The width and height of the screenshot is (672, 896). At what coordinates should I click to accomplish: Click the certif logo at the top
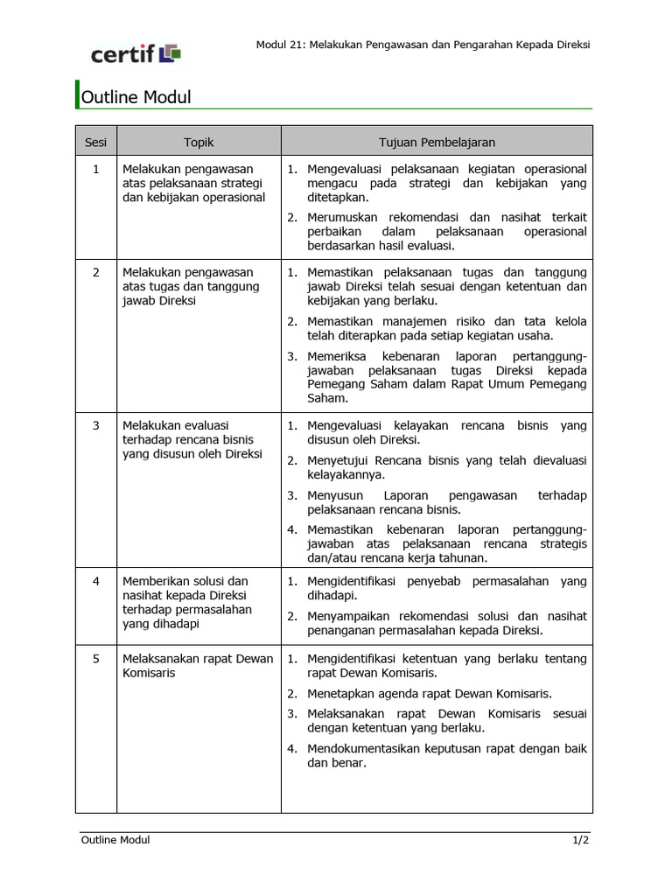pos(136,54)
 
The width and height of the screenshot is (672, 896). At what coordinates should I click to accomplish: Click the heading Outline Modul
pos(136,97)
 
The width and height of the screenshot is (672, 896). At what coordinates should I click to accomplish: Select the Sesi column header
pos(95,142)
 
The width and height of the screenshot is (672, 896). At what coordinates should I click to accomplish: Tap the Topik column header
pos(199,142)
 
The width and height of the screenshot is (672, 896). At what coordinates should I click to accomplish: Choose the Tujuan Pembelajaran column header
pos(437,142)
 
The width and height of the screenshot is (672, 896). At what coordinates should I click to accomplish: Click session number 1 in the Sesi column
pos(96,169)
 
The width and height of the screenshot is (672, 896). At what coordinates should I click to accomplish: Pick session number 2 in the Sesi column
pos(96,273)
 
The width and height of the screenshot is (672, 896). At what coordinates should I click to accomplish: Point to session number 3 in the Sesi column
pos(96,426)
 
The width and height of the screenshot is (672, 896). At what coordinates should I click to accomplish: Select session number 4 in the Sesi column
pos(96,582)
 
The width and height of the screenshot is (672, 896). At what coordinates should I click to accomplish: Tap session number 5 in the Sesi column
pos(96,659)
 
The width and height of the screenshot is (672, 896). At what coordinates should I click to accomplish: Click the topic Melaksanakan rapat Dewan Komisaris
pos(198,666)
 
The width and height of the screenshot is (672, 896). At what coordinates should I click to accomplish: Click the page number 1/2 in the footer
pos(582,840)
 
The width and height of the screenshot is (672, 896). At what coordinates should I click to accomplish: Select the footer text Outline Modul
pos(115,840)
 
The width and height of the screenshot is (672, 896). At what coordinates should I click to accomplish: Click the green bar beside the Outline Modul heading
pos(77,95)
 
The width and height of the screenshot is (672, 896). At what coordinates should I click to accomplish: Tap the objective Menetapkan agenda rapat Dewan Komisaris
pos(430,694)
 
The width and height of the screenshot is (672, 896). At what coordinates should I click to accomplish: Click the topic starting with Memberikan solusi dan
pos(185,582)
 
